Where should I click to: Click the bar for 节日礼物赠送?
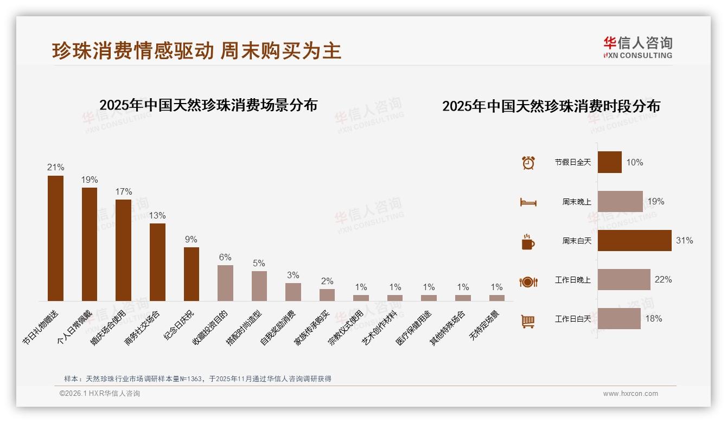point(55,238)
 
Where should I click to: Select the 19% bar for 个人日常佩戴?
point(90,244)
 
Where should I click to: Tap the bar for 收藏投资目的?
point(225,283)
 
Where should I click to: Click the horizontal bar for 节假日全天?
point(609,162)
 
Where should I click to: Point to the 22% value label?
point(663,280)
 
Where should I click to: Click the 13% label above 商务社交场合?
point(157,215)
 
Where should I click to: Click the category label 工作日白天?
point(572,319)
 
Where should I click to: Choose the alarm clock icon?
point(528,163)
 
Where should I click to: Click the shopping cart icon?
point(528,321)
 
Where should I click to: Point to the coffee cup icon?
point(528,242)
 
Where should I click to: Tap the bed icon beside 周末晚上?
point(528,202)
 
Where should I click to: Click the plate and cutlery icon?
point(528,281)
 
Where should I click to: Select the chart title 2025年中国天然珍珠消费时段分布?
point(551,106)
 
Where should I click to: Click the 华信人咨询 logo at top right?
point(637,47)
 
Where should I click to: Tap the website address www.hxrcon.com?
point(630,394)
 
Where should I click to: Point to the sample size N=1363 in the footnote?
point(188,379)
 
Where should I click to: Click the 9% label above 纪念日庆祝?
point(191,239)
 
